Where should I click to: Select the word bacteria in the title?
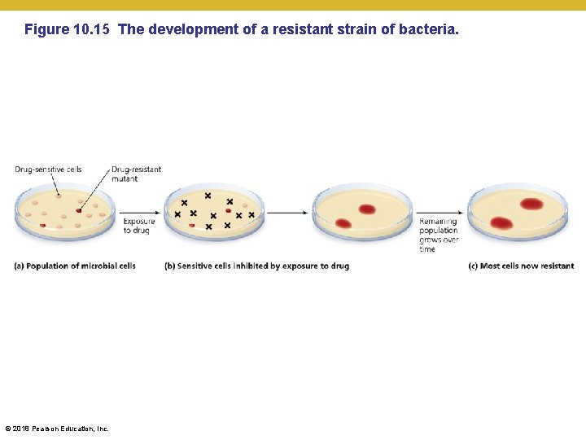pos(429,30)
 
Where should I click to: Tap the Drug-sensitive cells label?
pos(47,169)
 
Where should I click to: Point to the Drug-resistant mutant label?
pos(136,174)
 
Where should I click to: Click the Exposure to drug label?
pos(138,226)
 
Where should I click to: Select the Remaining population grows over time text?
pos(439,235)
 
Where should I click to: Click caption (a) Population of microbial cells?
pos(75,266)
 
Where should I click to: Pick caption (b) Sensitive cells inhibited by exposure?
pos(256,266)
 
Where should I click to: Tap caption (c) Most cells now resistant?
pos(521,266)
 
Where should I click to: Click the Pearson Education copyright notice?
pos(56,429)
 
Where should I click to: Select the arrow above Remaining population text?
pos(439,213)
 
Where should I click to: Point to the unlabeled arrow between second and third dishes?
pos(288,213)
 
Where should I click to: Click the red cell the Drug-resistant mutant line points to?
pos(79,210)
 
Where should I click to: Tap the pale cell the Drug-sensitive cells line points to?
pos(59,196)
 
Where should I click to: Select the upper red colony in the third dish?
pos(366,209)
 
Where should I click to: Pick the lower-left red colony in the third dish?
pos(343,223)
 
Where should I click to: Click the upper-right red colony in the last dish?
pos(531,204)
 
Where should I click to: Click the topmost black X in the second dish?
pos(208,196)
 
